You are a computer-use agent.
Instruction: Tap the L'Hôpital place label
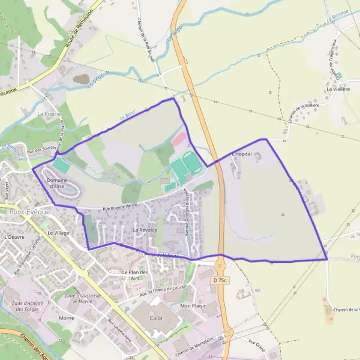pos(241,154)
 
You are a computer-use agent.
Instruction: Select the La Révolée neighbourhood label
pos(145,230)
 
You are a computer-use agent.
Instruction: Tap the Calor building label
pos(157,318)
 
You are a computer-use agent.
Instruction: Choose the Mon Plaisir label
pos(193,305)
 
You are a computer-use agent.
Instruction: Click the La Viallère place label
pos(338,88)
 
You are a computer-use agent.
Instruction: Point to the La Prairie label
pos(49,113)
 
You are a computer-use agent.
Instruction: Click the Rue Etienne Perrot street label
pos(120,206)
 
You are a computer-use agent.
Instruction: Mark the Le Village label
pos(59,232)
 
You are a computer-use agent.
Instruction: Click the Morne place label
pos(67,317)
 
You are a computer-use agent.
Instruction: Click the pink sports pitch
pos(179,139)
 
